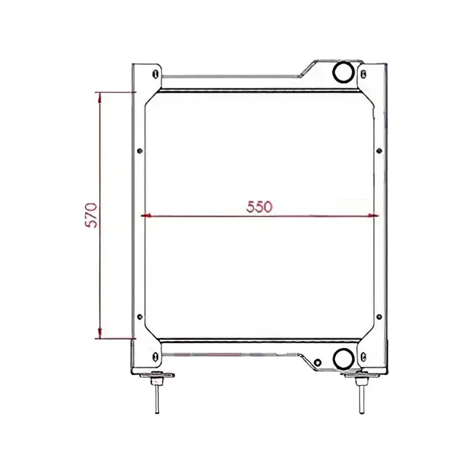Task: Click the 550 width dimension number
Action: coord(258,207)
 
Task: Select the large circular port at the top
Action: coord(341,71)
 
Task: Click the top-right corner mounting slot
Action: coord(364,73)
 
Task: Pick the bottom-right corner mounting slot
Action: coord(365,357)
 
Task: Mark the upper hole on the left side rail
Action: coord(139,151)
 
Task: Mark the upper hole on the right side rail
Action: coord(380,151)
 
